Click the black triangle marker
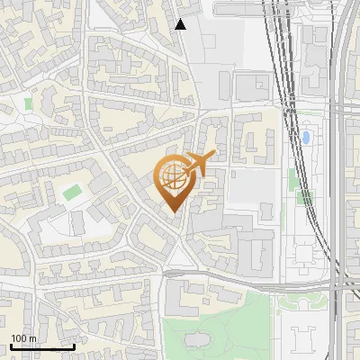[180, 24]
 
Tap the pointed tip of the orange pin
[173, 212]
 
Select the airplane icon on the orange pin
[201, 162]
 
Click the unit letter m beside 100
[33, 338]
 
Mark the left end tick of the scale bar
[10, 346]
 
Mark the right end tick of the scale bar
[74, 346]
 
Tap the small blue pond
[305, 138]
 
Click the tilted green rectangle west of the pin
[72, 191]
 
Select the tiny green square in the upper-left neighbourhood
[29, 103]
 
